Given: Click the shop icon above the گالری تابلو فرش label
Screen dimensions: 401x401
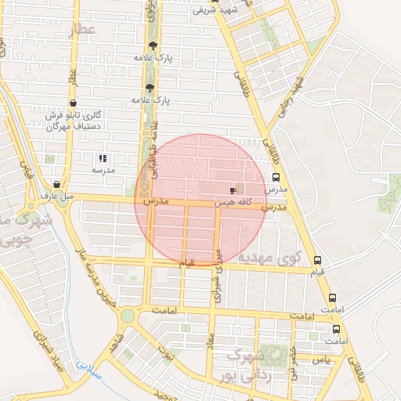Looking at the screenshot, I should point(73,103).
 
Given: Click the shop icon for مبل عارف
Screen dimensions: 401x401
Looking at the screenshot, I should point(54,182).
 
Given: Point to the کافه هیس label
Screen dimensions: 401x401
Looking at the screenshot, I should point(233,202).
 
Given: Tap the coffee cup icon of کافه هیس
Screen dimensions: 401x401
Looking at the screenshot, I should point(233,190).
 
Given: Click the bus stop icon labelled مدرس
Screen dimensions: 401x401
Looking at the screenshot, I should point(276,177).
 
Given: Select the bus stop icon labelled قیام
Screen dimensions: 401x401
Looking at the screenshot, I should point(317,260).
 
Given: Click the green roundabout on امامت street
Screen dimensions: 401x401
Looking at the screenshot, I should point(127,316).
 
